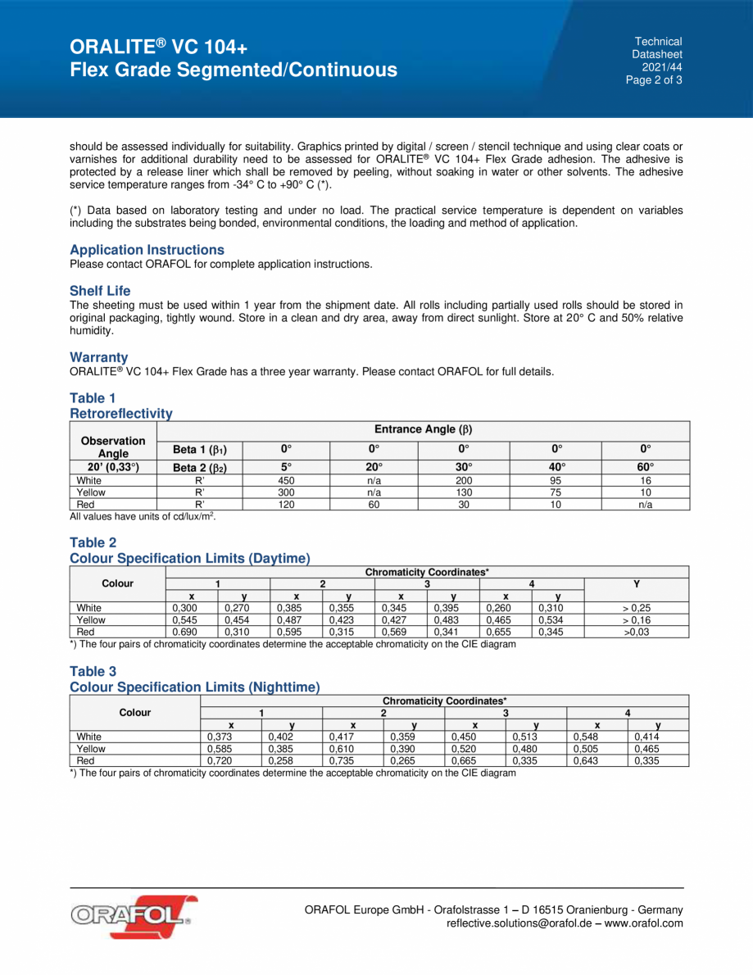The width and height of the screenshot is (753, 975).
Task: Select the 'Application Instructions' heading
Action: click(x=147, y=250)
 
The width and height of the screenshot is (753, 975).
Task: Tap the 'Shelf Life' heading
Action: click(x=100, y=291)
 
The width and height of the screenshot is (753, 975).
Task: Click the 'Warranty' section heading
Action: click(x=99, y=357)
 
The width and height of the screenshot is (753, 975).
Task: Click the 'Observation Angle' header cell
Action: click(x=112, y=447)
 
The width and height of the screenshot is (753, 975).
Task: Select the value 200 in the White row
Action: click(x=464, y=480)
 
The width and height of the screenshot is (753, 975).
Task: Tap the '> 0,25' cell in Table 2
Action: click(x=636, y=608)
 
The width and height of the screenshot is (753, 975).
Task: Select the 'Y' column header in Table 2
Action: click(x=636, y=583)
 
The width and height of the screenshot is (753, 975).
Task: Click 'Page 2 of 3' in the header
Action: click(x=654, y=80)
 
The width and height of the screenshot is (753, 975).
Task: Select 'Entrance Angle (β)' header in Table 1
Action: click(x=423, y=429)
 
